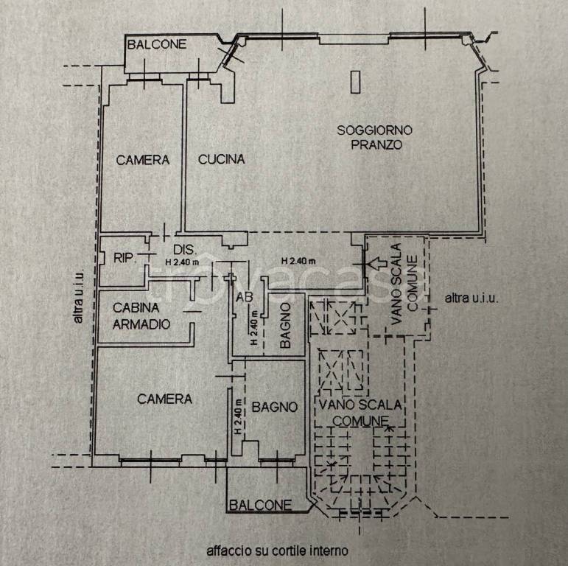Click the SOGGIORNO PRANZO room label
click(374, 137)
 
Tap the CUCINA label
click(221, 159)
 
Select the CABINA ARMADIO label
click(141, 316)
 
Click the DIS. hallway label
click(185, 250)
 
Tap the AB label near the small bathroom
click(244, 297)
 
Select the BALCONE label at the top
click(157, 44)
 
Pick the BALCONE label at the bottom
click(261, 505)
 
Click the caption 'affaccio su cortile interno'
click(278, 551)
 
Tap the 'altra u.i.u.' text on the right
click(471, 298)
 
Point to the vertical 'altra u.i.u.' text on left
click(78, 296)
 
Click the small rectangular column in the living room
click(356, 82)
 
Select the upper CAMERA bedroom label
click(143, 160)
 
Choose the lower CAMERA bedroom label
click(164, 399)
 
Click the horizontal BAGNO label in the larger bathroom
click(275, 407)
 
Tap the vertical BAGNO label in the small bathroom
click(285, 326)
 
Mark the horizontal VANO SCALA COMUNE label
click(360, 413)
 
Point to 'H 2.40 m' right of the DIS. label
click(298, 261)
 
